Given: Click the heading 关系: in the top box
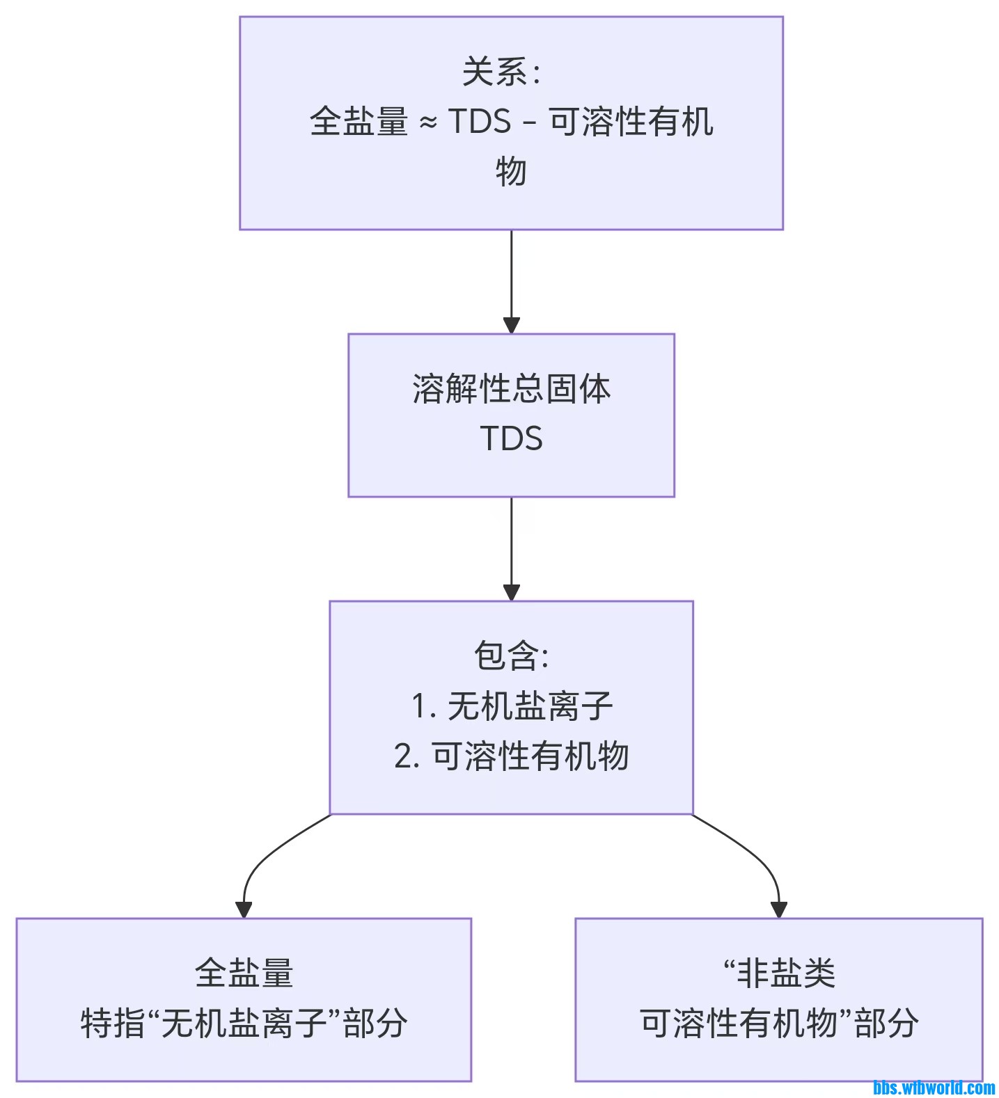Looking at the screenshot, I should [501, 72].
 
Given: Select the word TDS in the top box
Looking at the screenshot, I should [479, 122].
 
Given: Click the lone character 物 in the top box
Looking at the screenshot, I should [511, 171].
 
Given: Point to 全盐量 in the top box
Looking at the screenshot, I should [359, 122].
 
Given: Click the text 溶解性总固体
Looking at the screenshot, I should [511, 389].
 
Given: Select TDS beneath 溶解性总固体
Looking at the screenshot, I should [511, 439].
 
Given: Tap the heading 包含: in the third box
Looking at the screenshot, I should [511, 655].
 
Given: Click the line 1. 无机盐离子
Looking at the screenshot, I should [511, 706].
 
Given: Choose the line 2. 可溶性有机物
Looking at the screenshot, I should [511, 756].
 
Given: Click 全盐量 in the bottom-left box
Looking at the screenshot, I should [244, 973].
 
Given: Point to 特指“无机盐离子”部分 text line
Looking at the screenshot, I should [244, 1023].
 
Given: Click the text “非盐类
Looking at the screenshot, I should [778, 973].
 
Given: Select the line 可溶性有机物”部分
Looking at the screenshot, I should [778, 1023].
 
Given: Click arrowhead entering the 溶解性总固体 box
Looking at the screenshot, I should [511, 325].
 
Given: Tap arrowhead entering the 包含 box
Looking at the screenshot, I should [511, 592].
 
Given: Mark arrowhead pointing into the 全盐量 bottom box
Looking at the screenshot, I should [244, 909].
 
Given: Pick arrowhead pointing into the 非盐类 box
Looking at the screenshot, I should [778, 909].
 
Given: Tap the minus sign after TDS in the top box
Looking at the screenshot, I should [529, 124].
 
